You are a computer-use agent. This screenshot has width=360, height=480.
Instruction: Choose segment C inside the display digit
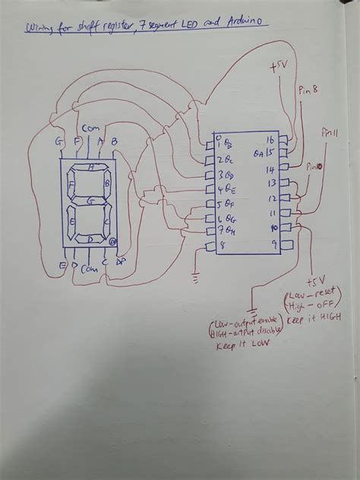tap(109, 223)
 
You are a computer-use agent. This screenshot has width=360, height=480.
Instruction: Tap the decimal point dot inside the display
tap(113, 242)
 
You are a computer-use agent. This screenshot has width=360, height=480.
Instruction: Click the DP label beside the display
tap(120, 263)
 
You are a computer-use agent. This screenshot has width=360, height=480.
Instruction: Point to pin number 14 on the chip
tap(270, 168)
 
